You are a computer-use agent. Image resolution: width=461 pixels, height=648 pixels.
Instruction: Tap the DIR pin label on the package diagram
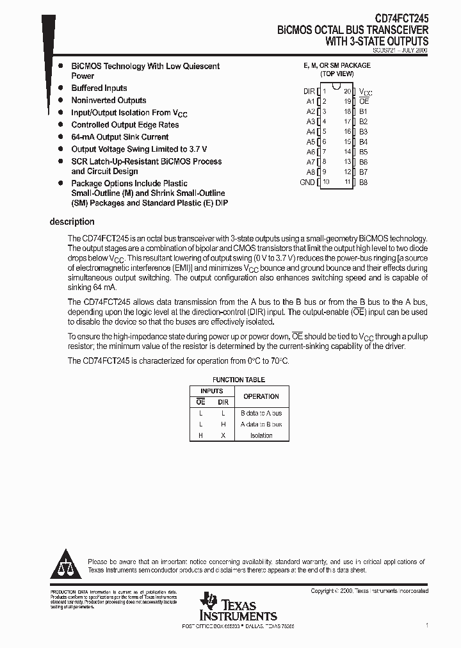pyautogui.click(x=309, y=92)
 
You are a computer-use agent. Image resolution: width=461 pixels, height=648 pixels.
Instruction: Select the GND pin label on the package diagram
pyautogui.click(x=307, y=182)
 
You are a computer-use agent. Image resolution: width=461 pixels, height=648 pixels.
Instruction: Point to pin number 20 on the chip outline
pyautogui.click(x=347, y=92)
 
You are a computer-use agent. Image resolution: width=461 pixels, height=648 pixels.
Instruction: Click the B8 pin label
pyautogui.click(x=363, y=182)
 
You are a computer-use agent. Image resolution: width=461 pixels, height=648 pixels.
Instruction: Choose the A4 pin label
pyautogui.click(x=311, y=131)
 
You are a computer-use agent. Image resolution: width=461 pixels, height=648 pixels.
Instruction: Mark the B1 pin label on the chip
pyautogui.click(x=363, y=111)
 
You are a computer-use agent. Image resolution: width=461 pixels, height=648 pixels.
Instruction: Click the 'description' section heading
pyautogui.click(x=72, y=222)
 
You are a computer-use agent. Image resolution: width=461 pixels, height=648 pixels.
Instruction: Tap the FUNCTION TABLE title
pyautogui.click(x=238, y=380)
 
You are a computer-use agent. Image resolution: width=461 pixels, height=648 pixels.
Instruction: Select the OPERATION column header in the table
pyautogui.click(x=261, y=396)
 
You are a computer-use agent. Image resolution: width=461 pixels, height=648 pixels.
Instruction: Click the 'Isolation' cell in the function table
pyautogui.click(x=261, y=435)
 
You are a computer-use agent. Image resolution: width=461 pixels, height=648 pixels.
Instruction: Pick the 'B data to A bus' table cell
pyautogui.click(x=261, y=413)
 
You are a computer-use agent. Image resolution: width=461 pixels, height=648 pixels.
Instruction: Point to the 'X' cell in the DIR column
pyautogui.click(x=223, y=435)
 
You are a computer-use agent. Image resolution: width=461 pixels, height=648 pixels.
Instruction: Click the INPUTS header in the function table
pyautogui.click(x=212, y=391)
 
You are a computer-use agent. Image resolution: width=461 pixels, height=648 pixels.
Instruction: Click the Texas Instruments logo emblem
pyautogui.click(x=209, y=602)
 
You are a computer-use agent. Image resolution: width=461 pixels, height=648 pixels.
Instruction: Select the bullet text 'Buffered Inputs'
pyautogui.click(x=99, y=88)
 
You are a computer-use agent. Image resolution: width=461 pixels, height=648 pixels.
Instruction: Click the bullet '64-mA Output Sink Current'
pyautogui.click(x=120, y=137)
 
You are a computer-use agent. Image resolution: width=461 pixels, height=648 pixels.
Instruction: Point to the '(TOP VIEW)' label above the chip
pyautogui.click(x=337, y=74)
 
